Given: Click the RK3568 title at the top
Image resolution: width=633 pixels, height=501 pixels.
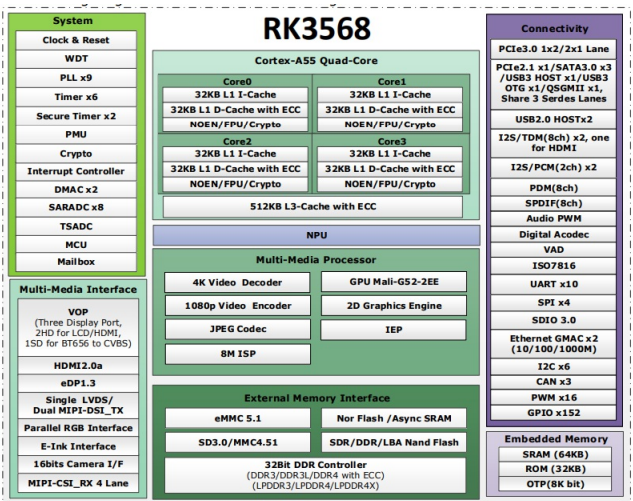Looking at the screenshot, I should coord(317,27).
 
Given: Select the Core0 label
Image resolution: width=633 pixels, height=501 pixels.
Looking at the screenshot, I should coord(235,81).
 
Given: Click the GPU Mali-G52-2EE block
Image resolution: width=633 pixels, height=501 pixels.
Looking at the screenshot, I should coord(394,282).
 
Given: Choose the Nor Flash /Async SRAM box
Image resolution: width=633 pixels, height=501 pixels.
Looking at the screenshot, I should coord(394,417).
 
